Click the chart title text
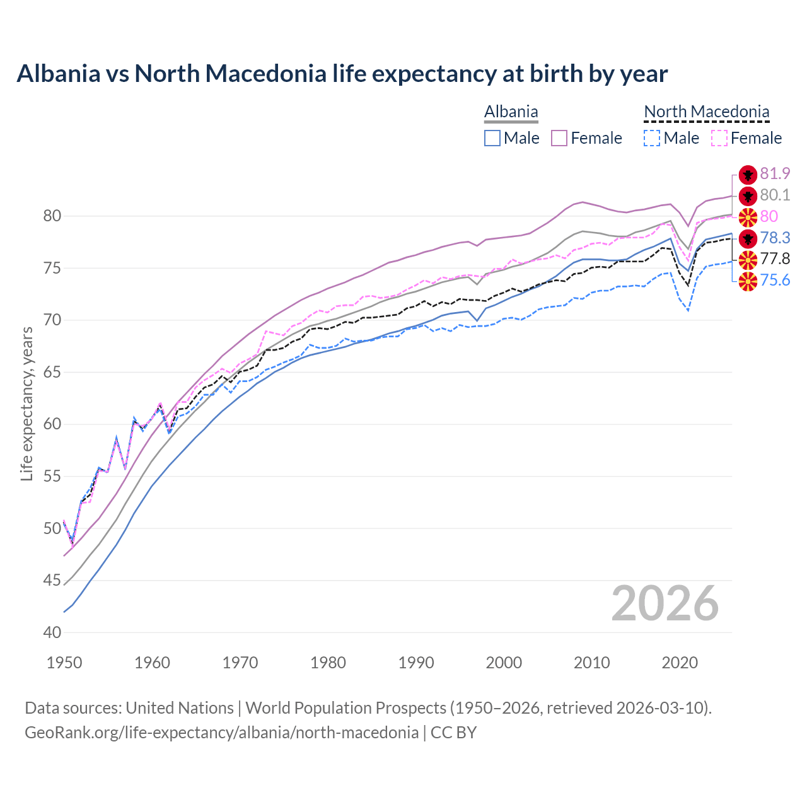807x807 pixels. [342, 74]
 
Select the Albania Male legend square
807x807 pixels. [492, 138]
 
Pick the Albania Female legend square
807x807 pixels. [559, 138]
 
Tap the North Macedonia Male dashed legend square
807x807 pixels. [652, 138]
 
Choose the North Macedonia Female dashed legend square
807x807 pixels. [719, 138]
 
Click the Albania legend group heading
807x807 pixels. [511, 112]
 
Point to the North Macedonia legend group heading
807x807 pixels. [706, 112]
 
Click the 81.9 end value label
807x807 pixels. [775, 174]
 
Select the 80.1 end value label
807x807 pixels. [775, 195]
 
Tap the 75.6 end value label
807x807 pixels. [775, 281]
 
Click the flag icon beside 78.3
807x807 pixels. [748, 238]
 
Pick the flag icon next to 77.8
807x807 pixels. [748, 259]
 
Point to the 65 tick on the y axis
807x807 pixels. [52, 373]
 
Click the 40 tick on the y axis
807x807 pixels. [52, 632]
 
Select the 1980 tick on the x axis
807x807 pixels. [328, 663]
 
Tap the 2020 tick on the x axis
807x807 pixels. [680, 663]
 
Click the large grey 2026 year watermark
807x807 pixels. [665, 604]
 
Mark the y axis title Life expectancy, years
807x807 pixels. [27, 403]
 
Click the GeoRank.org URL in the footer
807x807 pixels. [221, 733]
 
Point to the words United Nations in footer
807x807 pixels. [180, 708]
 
